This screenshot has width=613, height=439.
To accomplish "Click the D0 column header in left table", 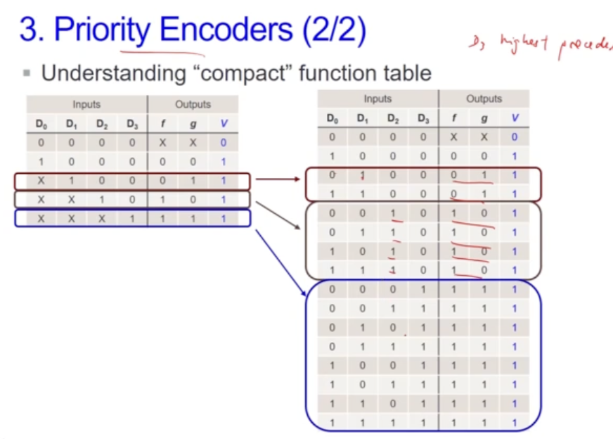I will tap(40, 125).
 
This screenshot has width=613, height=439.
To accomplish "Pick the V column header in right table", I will tap(515, 118).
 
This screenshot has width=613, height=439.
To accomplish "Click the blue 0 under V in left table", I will tap(224, 143).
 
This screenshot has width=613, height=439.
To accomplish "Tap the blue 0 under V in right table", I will tap(515, 137).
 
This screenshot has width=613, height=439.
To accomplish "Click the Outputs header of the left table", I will tap(193, 104).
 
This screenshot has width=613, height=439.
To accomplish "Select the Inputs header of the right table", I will tap(378, 99).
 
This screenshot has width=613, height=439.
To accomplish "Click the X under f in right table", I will tap(453, 137).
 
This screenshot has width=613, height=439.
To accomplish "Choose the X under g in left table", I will tap(193, 143).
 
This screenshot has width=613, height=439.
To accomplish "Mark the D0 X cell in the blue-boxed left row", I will tap(40, 218).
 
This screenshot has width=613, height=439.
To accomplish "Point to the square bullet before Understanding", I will tap(27, 73).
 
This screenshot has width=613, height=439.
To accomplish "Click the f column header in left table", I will tap(163, 125).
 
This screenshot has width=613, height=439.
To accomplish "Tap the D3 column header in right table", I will tap(423, 118).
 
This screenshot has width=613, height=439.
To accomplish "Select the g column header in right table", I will tap(484, 118).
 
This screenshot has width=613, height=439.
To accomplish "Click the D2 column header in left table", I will tap(102, 125).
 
